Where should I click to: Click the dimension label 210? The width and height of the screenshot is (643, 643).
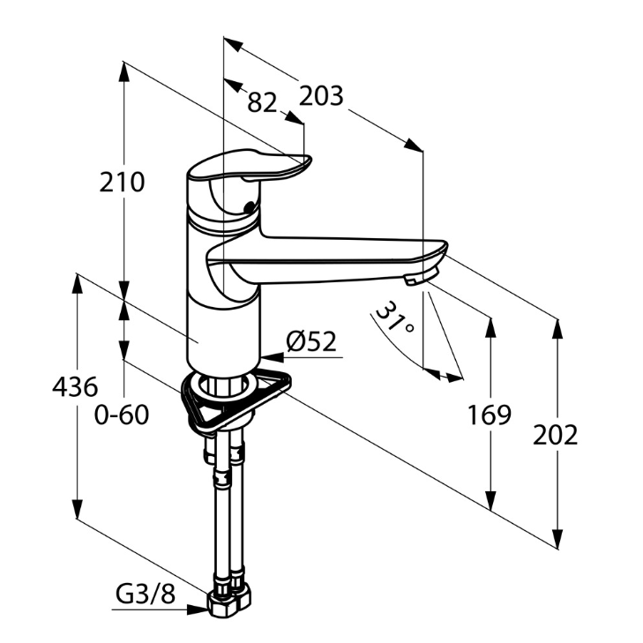point(122,183)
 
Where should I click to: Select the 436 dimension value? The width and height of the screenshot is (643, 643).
point(75,386)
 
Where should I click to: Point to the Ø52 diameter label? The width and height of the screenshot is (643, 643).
point(312,341)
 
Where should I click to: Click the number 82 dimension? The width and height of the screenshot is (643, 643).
point(262,102)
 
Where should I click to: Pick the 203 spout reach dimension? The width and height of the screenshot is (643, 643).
point(321,95)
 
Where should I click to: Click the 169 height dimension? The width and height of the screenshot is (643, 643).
point(490,415)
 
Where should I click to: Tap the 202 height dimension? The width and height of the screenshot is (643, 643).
point(556,434)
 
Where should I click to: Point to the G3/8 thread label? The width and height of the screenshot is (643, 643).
point(146,595)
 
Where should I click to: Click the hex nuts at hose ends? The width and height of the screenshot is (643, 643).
point(228,600)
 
